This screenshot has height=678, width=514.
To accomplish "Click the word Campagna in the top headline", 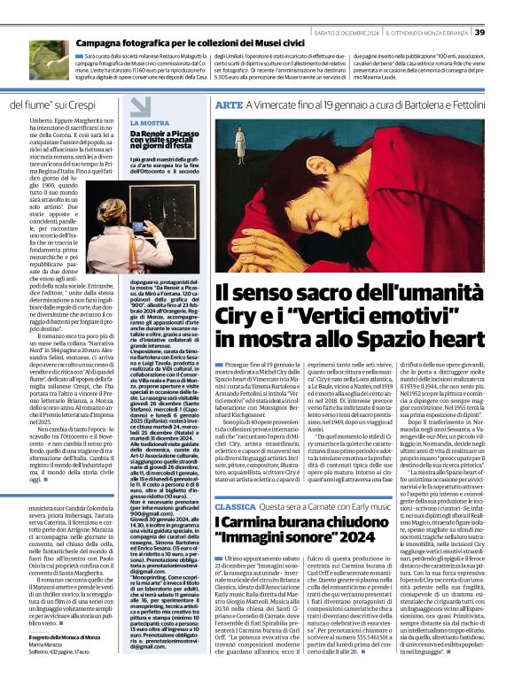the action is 102,42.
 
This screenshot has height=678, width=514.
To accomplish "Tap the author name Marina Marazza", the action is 34,646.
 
